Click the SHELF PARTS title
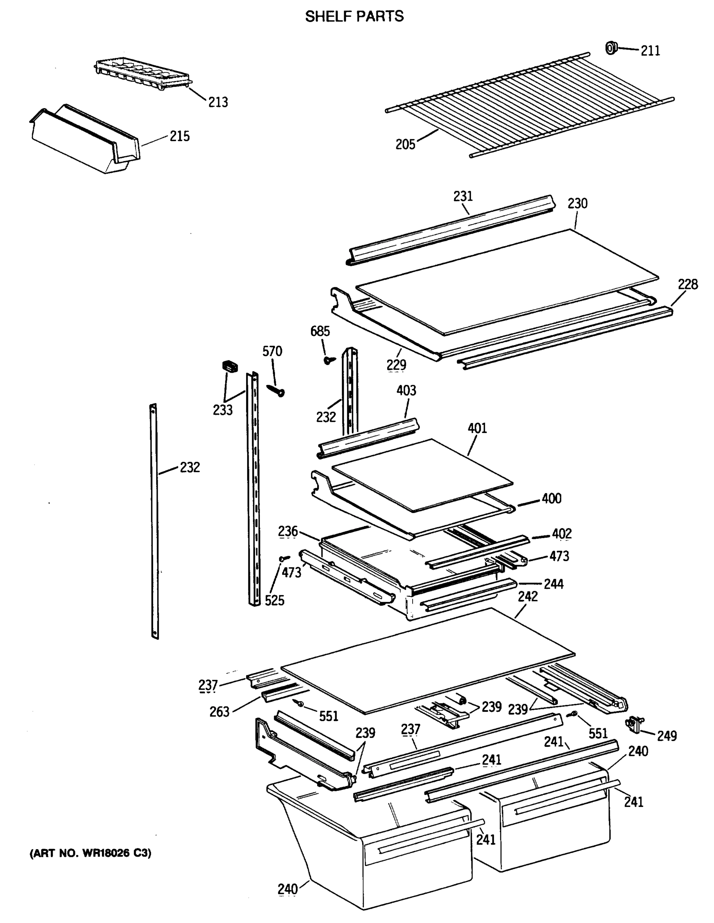354,17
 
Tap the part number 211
650,51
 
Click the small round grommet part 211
611,48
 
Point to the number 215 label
180,136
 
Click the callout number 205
405,145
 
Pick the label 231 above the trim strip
463,196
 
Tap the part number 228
688,285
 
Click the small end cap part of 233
230,366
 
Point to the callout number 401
477,428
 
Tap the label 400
551,498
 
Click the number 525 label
275,600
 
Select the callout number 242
528,596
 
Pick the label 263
219,712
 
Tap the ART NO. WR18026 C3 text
90,853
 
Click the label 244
553,584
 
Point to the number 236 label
288,531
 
